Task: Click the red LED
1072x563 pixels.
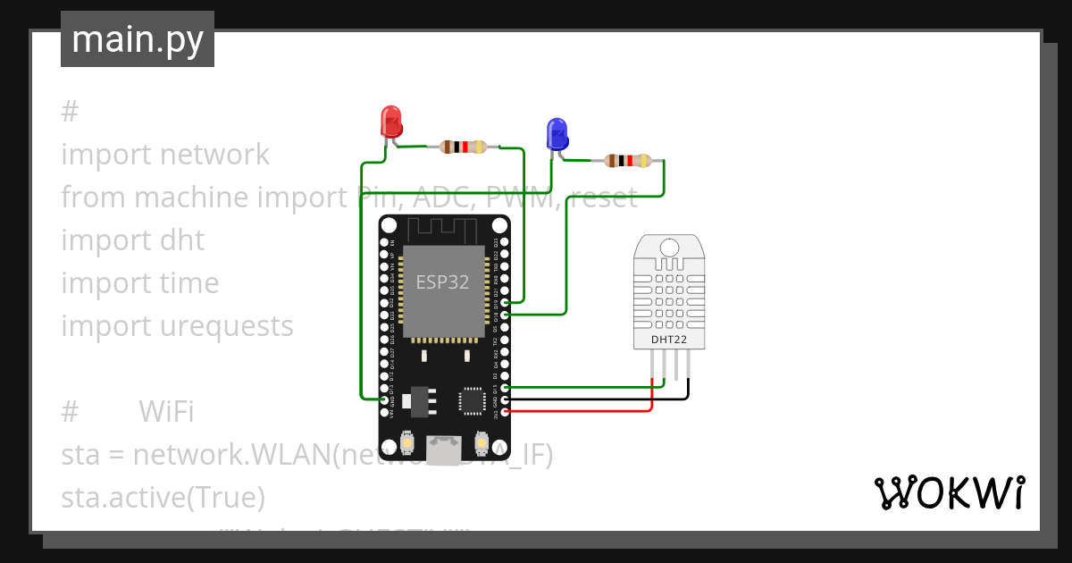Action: (x=391, y=122)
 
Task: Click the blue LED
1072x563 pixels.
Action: (x=557, y=133)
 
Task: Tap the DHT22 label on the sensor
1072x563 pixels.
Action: (x=670, y=338)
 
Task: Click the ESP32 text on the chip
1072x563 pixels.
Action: (x=442, y=282)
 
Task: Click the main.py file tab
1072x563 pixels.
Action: (x=138, y=39)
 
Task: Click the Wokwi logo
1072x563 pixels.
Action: (x=948, y=492)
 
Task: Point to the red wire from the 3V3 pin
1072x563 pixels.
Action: (x=581, y=411)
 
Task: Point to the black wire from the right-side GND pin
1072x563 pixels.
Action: (x=599, y=399)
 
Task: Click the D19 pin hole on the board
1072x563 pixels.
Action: (x=507, y=303)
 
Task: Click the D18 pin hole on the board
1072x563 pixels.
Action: (x=507, y=315)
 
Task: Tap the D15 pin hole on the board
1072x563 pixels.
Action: (x=507, y=388)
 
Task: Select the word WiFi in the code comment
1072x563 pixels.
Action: (x=166, y=412)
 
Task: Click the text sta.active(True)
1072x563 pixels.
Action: (x=163, y=497)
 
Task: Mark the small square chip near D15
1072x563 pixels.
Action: (x=472, y=401)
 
